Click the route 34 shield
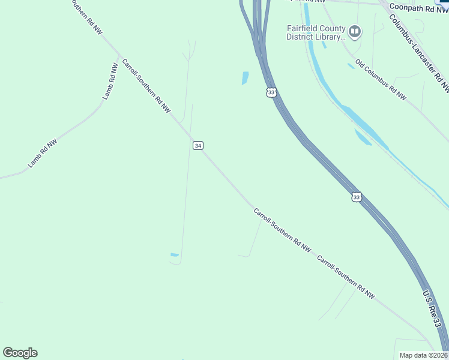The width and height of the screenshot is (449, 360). click(x=198, y=145)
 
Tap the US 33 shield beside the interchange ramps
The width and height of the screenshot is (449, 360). click(x=271, y=92)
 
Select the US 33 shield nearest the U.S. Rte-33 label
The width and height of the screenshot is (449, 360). click(x=357, y=197)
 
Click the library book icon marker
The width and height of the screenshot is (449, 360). click(x=355, y=31)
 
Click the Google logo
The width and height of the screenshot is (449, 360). click(x=20, y=353)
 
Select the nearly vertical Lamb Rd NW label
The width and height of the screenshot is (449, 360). click(x=109, y=82)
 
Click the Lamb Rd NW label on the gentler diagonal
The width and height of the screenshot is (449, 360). click(x=42, y=153)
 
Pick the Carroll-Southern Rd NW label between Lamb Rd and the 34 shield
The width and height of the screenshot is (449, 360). click(x=146, y=85)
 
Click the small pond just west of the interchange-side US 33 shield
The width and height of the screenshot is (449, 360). click(x=245, y=78)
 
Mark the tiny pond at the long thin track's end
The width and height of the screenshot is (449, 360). click(x=174, y=255)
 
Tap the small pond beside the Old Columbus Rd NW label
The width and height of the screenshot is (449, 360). click(x=351, y=66)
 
